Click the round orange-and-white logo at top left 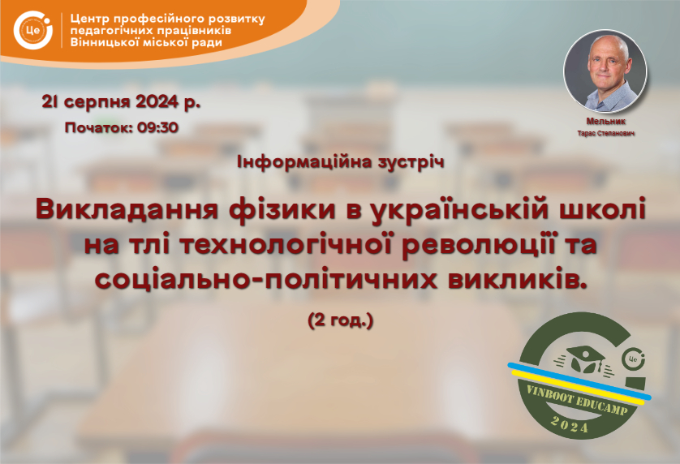coord(33,30)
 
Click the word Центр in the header coord(89,19)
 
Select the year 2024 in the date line coord(157,102)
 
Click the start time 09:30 coord(158,127)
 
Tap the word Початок coord(99,128)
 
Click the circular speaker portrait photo coord(605,71)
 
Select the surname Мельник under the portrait coord(606,122)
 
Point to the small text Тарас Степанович coord(606,133)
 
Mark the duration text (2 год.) coord(341,320)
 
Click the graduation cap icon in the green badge coord(584,359)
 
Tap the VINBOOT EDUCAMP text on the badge coord(577,399)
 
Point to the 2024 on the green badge coord(570,424)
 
